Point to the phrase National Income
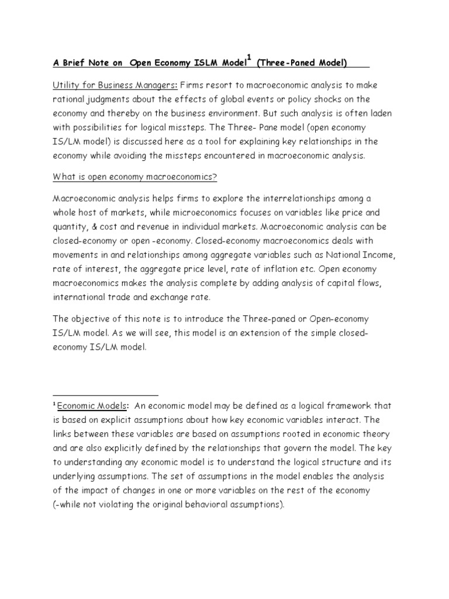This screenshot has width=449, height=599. [360, 255]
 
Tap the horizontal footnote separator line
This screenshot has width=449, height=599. [105, 395]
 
